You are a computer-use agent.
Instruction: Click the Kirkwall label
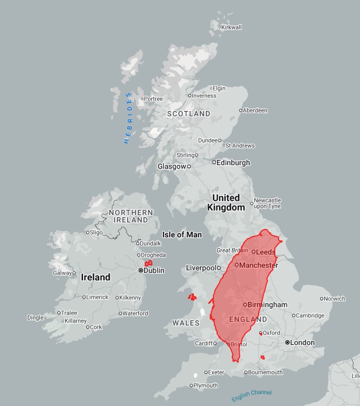click(231, 27)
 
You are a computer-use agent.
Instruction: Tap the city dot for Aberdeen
click(241, 110)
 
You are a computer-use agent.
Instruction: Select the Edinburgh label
click(233, 163)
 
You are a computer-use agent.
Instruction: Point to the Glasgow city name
click(172, 166)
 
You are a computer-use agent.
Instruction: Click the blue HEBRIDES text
click(128, 118)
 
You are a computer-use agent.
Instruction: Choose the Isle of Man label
click(182, 235)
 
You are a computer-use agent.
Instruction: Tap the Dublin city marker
click(140, 270)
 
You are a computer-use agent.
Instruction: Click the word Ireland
click(96, 277)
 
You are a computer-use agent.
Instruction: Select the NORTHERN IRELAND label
click(131, 216)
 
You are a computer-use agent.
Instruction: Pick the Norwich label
click(335, 299)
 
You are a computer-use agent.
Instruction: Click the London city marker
click(287, 342)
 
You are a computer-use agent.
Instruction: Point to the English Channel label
click(252, 395)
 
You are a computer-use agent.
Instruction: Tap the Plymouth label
click(205, 385)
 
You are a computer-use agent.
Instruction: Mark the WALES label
click(186, 322)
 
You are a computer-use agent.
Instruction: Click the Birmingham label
click(268, 304)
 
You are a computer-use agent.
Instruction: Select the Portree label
click(153, 98)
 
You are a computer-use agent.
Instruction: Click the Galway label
click(62, 273)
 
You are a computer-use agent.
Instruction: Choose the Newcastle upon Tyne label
click(268, 203)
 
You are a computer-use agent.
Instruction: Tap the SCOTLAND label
click(189, 114)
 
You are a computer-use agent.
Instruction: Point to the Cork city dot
click(87, 327)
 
